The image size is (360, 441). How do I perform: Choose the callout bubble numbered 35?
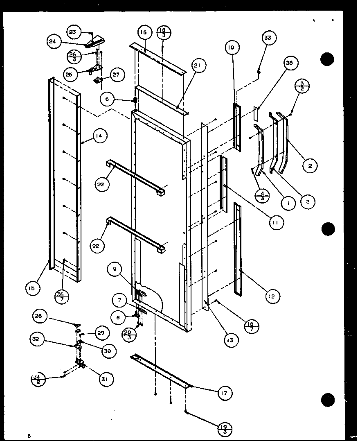coord(290,63)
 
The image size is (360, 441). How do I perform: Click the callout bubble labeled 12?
coord(272,296)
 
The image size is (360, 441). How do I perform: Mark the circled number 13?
coord(231,339)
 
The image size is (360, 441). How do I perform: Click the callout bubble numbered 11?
coord(276,222)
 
